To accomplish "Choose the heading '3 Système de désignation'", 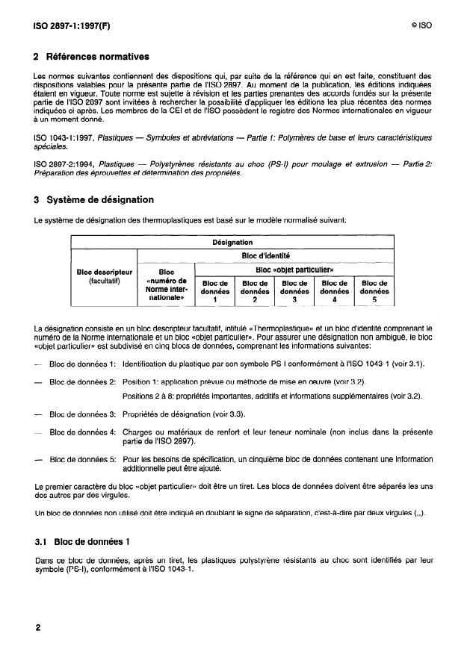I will point(94,200).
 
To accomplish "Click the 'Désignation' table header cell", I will point(232,243).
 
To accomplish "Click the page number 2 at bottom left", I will point(37,628).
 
